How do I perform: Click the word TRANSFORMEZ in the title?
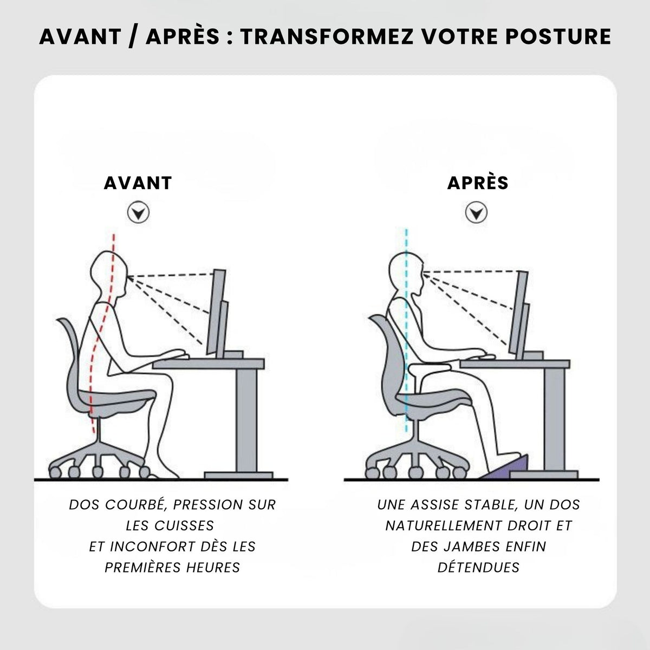pos(327,36)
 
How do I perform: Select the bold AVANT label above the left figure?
pos(138,183)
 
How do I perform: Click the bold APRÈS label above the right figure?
pos(478,183)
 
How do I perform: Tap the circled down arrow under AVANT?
pos(138,212)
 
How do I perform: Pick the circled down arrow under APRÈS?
pos(476,212)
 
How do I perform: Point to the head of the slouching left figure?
pos(109,272)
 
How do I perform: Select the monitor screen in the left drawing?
pos(216,311)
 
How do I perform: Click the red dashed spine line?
pos(101,334)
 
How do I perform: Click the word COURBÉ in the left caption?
pos(135,505)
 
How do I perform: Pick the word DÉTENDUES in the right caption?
pos(478,567)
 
